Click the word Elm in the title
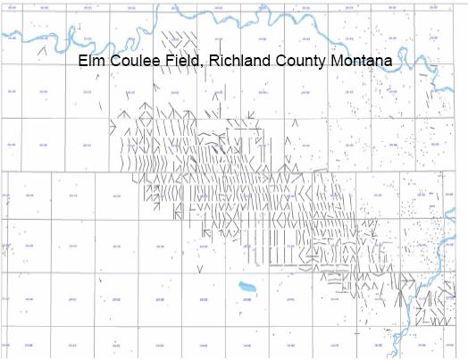90,63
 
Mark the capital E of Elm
81,63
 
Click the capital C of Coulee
110,63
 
